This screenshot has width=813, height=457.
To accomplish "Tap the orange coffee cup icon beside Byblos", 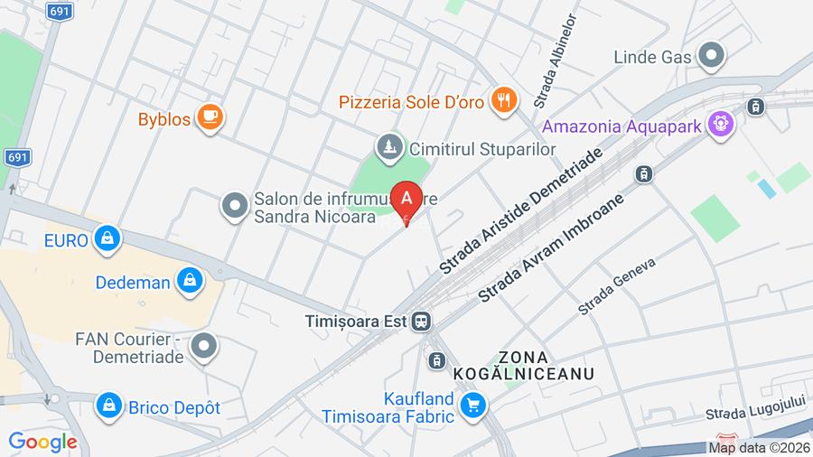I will (x=210, y=117).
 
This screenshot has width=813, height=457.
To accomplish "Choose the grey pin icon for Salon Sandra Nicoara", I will (x=235, y=206).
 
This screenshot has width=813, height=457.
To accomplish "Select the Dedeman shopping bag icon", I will (x=190, y=282).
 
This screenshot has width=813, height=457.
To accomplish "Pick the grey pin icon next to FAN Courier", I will (x=206, y=344).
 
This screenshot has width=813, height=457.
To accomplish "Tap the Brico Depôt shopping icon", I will (x=109, y=406).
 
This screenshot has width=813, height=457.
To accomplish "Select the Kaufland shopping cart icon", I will (x=472, y=406).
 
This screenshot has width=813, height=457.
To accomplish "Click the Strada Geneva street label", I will (x=616, y=285).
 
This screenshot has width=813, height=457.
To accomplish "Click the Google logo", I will (x=42, y=443).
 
